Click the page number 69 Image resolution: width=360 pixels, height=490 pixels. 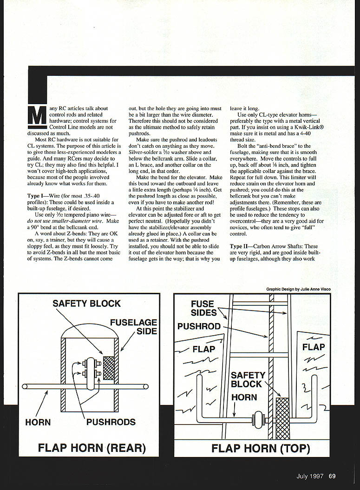[x=333, y=476]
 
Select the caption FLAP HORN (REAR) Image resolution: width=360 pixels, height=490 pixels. [x=92, y=448]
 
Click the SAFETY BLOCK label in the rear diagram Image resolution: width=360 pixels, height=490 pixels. [x=86, y=304]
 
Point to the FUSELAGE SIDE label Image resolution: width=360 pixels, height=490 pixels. [x=133, y=327]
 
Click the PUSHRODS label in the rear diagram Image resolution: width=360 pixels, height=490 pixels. [x=111, y=422]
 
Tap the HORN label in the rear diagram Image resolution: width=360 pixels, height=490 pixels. [x=38, y=422]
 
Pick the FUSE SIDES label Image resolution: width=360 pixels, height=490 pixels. [x=203, y=308]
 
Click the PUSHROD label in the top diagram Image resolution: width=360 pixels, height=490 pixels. [x=199, y=326]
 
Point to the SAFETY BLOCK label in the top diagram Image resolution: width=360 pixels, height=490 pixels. [x=248, y=379]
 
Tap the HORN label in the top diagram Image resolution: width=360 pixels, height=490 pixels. [x=244, y=397]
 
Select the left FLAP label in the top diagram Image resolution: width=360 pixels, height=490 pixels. [x=204, y=349]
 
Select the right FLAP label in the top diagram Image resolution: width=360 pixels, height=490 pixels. [x=314, y=347]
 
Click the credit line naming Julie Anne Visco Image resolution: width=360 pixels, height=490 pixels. [x=298, y=289]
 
